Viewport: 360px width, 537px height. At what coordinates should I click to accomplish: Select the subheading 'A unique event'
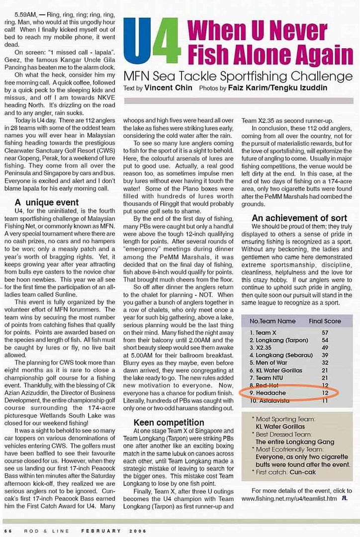pyautogui.click(x=47, y=202)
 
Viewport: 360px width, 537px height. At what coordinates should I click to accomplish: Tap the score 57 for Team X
pyautogui.click(x=325, y=332)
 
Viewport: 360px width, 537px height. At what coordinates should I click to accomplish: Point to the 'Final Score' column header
pyautogui.click(x=325, y=321)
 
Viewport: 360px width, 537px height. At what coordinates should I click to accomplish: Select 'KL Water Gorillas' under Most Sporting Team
pyautogui.click(x=285, y=427)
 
